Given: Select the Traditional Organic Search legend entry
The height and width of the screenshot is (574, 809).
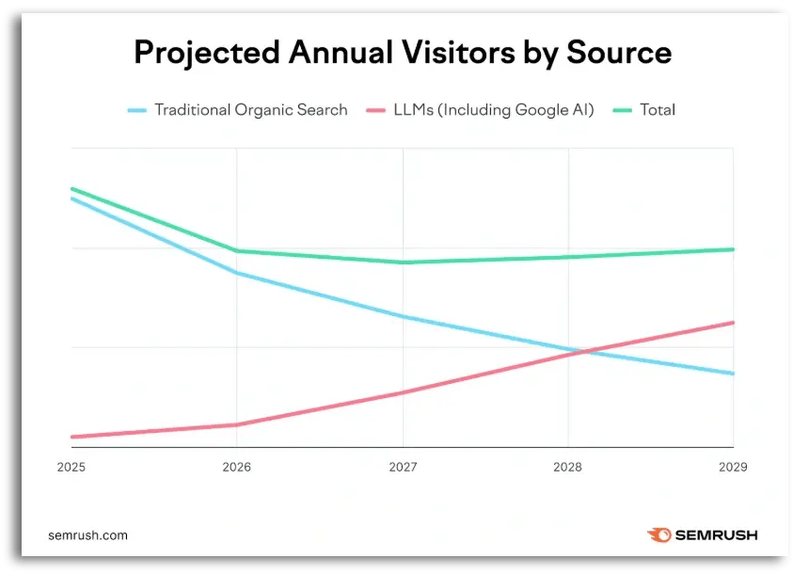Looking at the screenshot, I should point(250,110).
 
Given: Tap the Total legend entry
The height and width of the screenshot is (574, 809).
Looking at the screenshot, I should point(657,110).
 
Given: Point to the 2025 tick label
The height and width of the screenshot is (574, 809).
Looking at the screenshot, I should point(71,467).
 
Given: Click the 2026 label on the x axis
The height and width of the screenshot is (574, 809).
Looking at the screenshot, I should point(237,467).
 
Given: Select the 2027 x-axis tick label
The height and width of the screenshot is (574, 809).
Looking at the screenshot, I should point(403,467).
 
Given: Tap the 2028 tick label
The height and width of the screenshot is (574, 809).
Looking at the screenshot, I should point(568,467).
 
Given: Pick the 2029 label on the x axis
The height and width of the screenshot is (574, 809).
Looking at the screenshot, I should point(732,467).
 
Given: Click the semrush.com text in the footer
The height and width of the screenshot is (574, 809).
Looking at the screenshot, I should point(87,535).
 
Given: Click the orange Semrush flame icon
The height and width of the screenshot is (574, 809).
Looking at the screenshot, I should point(659,535).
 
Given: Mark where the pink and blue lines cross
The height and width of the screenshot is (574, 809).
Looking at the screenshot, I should point(583,352).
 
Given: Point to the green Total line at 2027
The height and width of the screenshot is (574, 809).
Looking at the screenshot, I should point(403,263).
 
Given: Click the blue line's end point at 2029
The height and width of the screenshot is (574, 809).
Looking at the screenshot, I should point(733,374).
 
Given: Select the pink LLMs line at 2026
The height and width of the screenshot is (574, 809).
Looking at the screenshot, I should point(237,424).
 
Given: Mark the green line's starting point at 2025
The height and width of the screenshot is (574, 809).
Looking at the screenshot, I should point(71,189).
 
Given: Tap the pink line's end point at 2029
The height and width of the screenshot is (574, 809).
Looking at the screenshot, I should point(733,323).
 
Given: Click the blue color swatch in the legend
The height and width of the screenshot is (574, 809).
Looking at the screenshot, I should point(137,110).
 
